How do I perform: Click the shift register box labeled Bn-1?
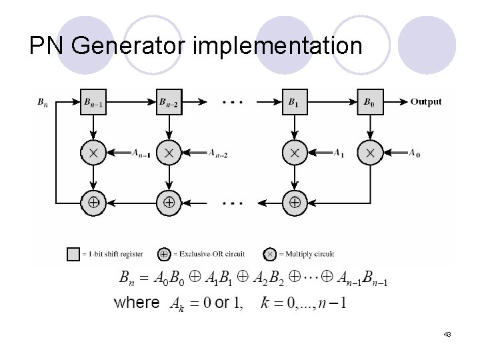93,102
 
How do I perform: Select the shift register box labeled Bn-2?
169,102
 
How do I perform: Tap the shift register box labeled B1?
294,102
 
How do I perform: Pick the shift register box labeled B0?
370,102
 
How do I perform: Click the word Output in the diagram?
425,102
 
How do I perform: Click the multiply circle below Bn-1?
93,153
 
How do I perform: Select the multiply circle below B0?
370,153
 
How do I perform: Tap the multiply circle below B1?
294,153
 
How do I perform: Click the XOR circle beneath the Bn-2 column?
169,201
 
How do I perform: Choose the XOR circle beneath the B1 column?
294,201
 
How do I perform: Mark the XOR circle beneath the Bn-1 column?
93,201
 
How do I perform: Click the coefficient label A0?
415,153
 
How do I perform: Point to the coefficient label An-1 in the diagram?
140,153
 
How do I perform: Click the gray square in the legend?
73,254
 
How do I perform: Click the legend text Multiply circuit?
307,254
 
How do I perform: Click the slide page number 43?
447,333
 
